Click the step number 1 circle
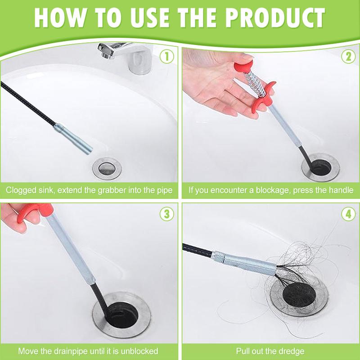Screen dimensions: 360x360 166,57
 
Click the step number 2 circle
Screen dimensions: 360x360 348,57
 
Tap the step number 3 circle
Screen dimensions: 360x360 166,214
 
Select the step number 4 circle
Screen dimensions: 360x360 348,214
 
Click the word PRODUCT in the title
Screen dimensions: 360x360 275,18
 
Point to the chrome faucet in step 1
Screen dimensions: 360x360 126,58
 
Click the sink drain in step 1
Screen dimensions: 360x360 107,168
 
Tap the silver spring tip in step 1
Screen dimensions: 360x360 73,139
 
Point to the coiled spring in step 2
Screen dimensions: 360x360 256,83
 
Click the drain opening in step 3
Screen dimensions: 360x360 121,315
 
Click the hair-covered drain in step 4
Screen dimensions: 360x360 299,296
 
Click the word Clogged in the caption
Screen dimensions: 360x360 21,190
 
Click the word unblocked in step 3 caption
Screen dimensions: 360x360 139,351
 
